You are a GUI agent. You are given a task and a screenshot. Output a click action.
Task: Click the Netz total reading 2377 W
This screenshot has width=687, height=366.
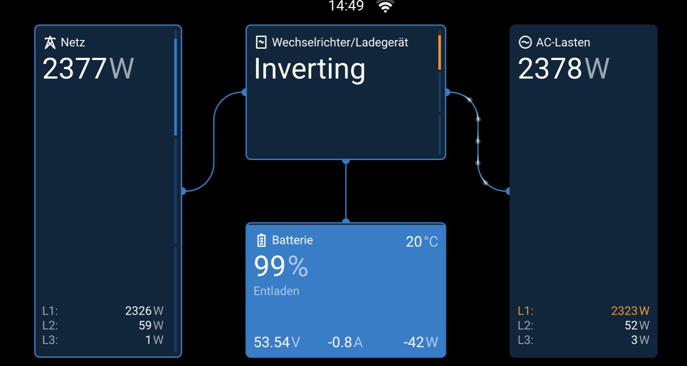88,69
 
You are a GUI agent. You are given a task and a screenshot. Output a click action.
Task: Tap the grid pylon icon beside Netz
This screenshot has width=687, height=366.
50,42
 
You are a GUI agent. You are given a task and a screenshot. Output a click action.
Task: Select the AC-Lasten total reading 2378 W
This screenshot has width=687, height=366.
563,69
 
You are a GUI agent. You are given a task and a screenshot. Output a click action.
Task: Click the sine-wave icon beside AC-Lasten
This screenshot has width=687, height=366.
525,42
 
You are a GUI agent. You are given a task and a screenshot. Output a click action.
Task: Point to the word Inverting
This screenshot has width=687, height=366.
309,70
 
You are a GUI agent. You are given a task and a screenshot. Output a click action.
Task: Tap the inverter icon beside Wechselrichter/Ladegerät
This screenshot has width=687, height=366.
261,42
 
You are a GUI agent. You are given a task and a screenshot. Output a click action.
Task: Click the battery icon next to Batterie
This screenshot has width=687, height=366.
261,240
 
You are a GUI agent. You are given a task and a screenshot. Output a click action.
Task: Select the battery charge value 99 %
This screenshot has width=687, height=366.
281,266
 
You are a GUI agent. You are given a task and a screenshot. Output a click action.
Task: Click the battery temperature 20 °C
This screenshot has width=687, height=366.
422,242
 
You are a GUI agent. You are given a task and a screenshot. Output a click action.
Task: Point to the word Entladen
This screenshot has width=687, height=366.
276,291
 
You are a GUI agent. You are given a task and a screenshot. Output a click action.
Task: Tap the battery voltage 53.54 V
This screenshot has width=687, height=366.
277,342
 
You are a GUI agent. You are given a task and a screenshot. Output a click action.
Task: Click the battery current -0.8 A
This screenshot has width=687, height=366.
345,342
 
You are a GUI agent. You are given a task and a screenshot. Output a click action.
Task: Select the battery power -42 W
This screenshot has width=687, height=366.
420,342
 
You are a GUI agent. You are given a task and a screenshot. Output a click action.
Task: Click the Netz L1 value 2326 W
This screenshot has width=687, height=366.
144,311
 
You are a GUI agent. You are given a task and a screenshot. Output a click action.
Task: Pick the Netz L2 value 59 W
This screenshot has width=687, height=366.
151,325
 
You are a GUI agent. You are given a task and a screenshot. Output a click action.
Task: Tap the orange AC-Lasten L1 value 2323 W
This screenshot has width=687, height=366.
630,311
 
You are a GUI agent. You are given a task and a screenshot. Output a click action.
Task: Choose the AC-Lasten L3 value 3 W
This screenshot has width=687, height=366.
640,339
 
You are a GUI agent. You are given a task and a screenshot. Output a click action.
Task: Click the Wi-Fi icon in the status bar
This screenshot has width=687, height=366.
385,6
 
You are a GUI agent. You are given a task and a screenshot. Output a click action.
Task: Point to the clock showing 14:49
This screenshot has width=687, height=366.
346,6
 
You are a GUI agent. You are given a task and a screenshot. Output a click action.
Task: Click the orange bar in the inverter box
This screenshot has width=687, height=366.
439,52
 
